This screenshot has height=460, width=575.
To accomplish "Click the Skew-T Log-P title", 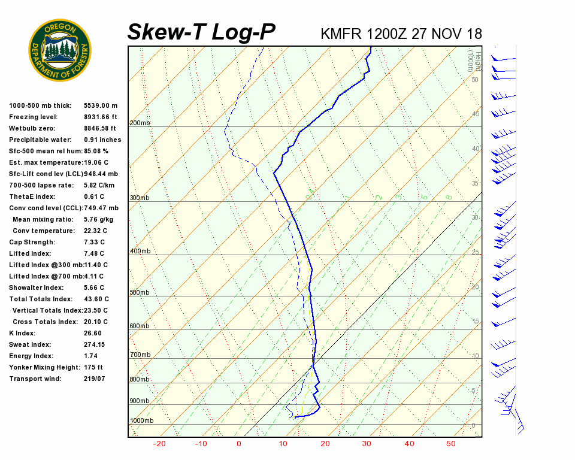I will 201,32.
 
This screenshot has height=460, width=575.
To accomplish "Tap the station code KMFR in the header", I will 341,34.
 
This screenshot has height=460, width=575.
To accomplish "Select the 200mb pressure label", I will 140,123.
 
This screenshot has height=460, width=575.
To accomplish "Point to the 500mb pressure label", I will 140,293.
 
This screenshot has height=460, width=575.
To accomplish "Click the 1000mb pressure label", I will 142,421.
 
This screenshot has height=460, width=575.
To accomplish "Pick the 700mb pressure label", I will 140,355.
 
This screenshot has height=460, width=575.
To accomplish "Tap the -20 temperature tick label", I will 159,444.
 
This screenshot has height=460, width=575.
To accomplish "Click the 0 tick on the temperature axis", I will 239,444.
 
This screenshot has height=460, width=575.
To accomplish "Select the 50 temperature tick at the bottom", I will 451,444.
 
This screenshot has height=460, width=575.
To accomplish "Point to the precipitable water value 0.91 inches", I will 102,140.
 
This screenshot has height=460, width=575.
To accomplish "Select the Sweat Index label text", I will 30,344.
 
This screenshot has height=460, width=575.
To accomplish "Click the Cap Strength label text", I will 32,242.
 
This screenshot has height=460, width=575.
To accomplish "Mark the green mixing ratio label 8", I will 448,197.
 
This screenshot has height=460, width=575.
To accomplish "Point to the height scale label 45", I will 476,114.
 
